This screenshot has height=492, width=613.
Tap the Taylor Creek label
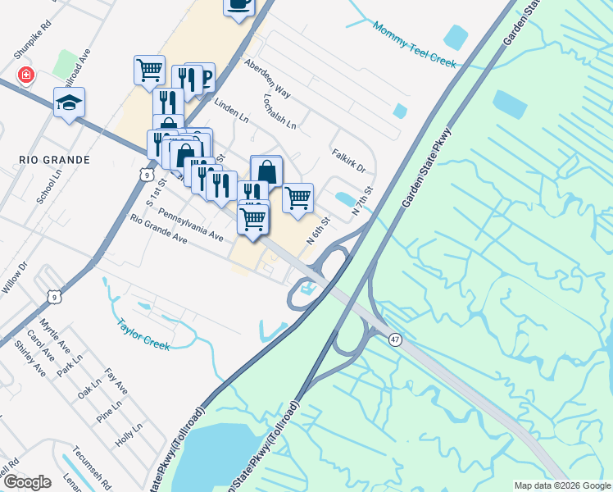pyautogui.click(x=143, y=335)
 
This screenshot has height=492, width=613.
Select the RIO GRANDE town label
pyautogui.click(x=52, y=159)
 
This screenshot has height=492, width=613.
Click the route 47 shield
pyautogui.click(x=396, y=339)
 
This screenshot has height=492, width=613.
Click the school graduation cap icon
pyautogui.click(x=69, y=102)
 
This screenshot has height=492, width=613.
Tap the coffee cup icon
pyautogui.click(x=238, y=4)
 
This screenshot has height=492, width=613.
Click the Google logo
pyautogui.click(x=26, y=481)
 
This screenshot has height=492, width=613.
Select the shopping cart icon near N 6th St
pyautogui.click(x=297, y=197)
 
